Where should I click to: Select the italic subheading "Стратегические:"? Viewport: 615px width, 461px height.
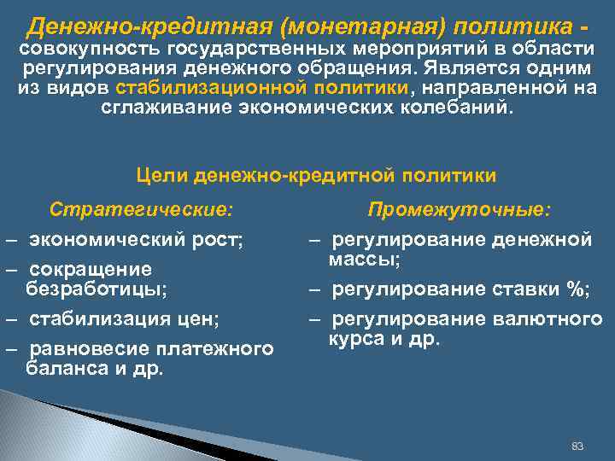(141, 209)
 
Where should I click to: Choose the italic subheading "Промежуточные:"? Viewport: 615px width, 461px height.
(460, 209)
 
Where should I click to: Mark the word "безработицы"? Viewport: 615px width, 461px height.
(96, 289)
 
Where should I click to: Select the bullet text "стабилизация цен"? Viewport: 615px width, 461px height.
(123, 319)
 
